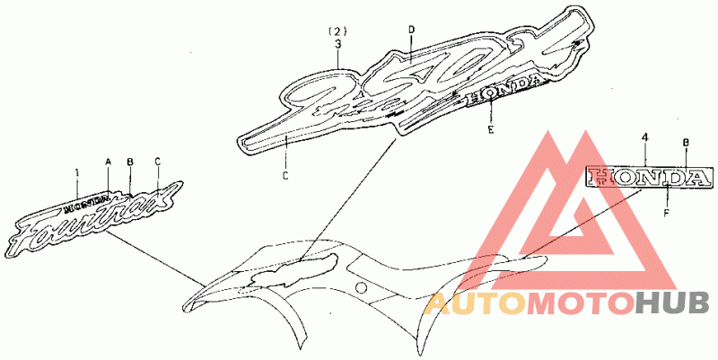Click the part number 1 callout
tap(77, 171)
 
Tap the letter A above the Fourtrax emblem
tap(108, 162)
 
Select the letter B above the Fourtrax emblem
tap(130, 162)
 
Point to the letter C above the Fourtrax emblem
tap(157, 162)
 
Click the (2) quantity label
tap(338, 31)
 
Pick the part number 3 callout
tap(338, 42)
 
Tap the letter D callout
tap(411, 31)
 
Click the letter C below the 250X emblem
tap(285, 175)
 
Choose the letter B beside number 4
tap(686, 142)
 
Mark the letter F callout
tap(666, 213)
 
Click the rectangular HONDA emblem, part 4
tap(644, 177)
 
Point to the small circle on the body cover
tap(360, 287)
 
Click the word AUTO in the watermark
tap(475, 304)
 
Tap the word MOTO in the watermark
tap(579, 304)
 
